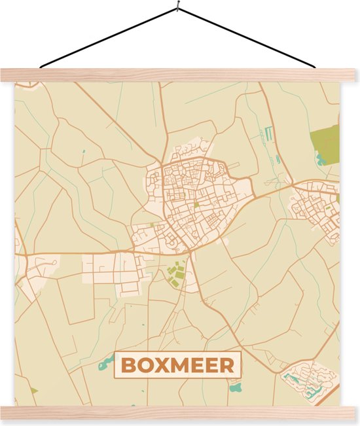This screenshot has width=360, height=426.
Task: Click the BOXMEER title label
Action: (177, 365)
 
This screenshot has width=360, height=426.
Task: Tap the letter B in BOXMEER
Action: (128, 365)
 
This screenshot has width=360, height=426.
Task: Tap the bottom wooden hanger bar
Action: (178, 412)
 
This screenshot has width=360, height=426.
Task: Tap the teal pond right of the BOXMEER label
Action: (236, 387)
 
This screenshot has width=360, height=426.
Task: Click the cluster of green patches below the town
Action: (175, 274)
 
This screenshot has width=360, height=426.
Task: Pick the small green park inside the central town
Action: (196, 205)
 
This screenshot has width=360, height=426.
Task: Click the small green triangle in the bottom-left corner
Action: (33, 391)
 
